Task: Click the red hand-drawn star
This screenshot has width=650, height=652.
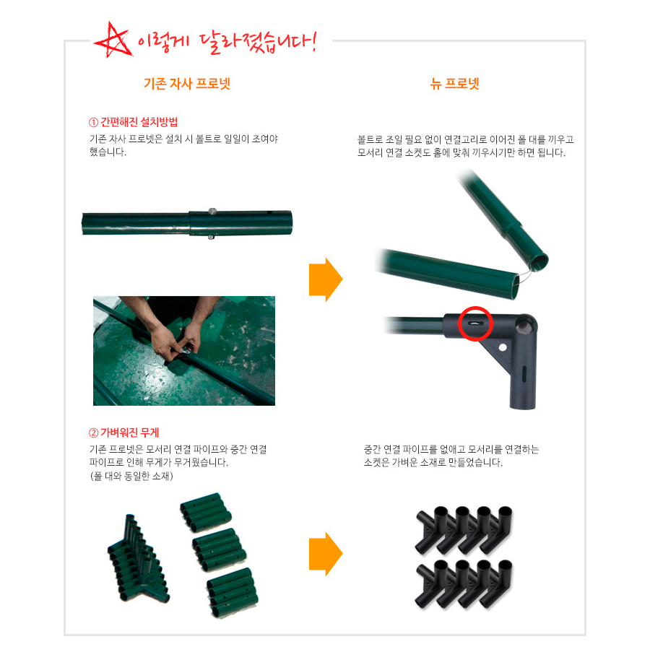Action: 112,40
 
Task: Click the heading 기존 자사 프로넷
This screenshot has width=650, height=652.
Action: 187,84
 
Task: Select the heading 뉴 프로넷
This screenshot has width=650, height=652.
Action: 454,84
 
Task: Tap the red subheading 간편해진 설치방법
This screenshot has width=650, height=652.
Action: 133,122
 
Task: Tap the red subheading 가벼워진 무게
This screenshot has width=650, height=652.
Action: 124,433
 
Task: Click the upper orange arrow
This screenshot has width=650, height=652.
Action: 326,279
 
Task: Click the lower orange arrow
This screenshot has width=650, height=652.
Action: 326,554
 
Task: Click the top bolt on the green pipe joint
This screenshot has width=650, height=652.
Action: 212,212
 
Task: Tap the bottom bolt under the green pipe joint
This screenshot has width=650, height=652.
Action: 211,238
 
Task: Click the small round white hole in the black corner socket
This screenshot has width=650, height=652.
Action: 503,347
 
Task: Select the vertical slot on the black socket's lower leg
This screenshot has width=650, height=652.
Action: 524,374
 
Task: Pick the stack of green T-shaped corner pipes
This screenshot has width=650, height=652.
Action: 139,560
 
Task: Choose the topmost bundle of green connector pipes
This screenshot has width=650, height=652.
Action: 205,512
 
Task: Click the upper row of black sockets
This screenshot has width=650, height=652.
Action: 464,530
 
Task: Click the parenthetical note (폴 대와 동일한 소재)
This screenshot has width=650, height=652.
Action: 131,476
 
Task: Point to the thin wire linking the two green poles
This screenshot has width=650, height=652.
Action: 525,275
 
